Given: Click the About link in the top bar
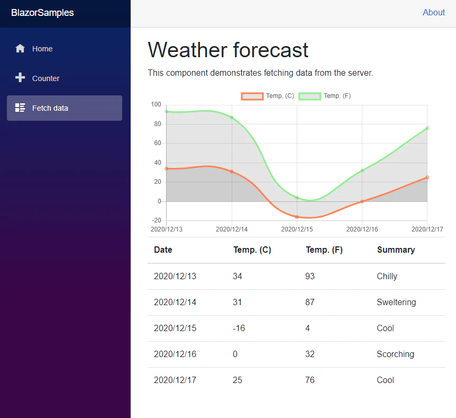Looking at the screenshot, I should click(433, 13).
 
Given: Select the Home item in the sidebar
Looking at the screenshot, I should click(42, 49).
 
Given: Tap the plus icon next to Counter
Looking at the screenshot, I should click(20, 78).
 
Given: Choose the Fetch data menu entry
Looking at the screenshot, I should click(50, 108).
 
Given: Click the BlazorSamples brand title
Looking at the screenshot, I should click(42, 13).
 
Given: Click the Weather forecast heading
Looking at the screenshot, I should click(228, 50).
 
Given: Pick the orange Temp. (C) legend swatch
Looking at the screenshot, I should click(252, 96).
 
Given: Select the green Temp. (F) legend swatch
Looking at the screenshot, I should click(309, 96).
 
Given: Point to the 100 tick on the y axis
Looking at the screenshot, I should click(156, 104).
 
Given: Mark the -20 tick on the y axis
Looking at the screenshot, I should click(156, 220).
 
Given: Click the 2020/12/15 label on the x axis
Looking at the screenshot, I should click(297, 229).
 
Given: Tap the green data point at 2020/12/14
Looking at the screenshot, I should click(232, 117).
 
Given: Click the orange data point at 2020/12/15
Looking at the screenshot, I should click(297, 217).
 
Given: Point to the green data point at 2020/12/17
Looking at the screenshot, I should click(427, 128).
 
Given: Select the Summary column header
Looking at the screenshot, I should click(396, 250).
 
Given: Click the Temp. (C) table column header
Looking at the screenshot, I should click(252, 250).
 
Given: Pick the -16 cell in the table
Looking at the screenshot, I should click(239, 328).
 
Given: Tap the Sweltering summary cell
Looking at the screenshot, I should click(396, 302).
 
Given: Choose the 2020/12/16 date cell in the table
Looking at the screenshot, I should click(175, 354).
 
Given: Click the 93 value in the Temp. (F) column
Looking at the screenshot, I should click(310, 276).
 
